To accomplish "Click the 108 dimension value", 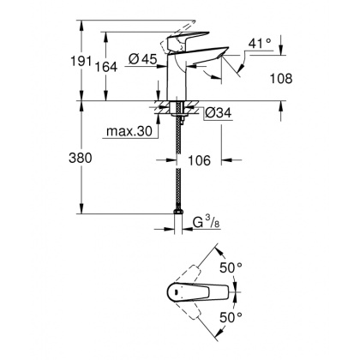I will (281, 78).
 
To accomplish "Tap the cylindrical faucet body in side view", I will (177, 77).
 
